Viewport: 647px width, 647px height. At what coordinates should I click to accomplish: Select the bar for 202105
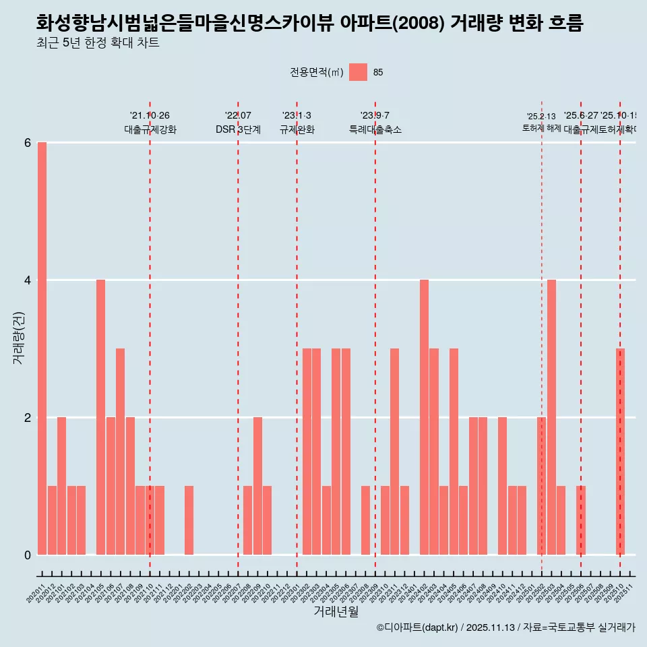(x=100, y=417)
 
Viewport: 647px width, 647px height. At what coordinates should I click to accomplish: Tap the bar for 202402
(x=424, y=417)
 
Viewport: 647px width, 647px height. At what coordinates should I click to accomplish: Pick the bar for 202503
(x=551, y=417)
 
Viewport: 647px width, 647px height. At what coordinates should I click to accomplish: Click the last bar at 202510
(x=620, y=452)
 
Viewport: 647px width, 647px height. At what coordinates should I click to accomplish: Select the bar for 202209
(x=257, y=486)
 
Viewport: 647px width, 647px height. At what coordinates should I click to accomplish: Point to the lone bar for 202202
(x=189, y=520)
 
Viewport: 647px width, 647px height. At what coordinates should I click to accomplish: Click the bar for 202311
(x=394, y=452)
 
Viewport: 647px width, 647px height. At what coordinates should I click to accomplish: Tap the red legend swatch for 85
(x=358, y=72)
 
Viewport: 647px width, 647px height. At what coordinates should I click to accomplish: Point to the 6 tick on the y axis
(x=28, y=143)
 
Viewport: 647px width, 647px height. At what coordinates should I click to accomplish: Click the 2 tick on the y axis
(x=28, y=418)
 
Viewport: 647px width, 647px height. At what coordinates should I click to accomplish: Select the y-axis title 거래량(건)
(x=18, y=338)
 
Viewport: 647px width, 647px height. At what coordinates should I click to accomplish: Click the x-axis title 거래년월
(x=336, y=611)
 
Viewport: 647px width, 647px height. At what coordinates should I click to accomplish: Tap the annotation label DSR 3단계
(x=238, y=129)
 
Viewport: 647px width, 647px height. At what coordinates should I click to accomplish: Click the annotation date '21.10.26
(x=150, y=116)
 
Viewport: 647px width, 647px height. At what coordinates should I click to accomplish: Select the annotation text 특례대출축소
(x=375, y=129)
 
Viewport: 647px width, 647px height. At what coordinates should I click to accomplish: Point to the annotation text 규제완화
(x=297, y=129)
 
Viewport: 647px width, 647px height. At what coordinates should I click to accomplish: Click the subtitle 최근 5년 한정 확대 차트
(x=98, y=44)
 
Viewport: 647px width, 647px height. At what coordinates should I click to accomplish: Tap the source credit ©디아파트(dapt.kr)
(x=418, y=628)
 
